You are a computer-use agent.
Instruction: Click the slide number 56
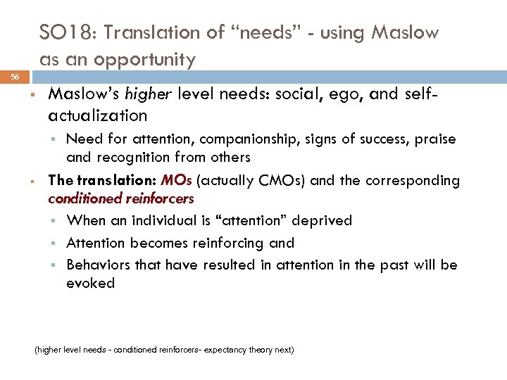(15, 76)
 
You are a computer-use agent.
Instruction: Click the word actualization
(98, 115)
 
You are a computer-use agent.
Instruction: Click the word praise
(434, 139)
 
